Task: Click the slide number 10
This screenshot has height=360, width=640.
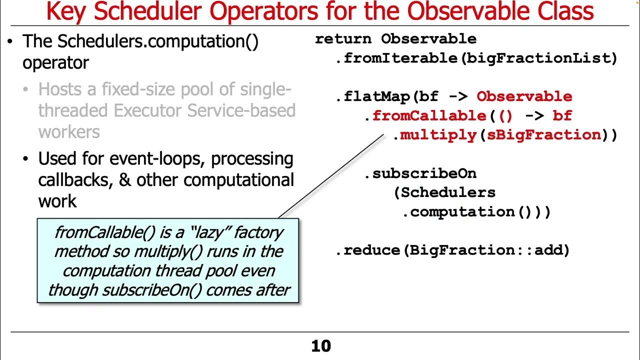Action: coord(320,346)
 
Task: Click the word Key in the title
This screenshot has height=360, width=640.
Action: coord(66,12)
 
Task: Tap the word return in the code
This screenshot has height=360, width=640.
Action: coord(343,39)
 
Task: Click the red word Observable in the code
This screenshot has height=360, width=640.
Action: coord(524,96)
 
